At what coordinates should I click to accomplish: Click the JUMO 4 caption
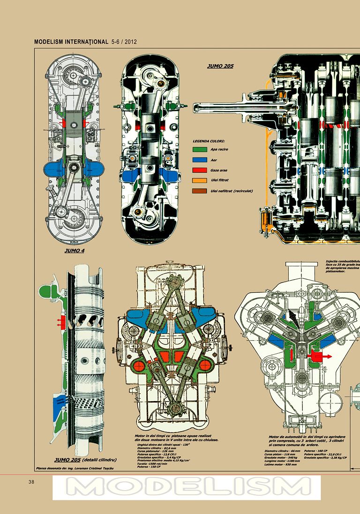point(74,251)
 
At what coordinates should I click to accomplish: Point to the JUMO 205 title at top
point(220,66)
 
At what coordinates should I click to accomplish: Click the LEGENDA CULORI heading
point(209,141)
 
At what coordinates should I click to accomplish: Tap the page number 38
point(31,482)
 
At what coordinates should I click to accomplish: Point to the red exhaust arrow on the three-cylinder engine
point(321,357)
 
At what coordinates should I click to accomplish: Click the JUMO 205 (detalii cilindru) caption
point(85,459)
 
